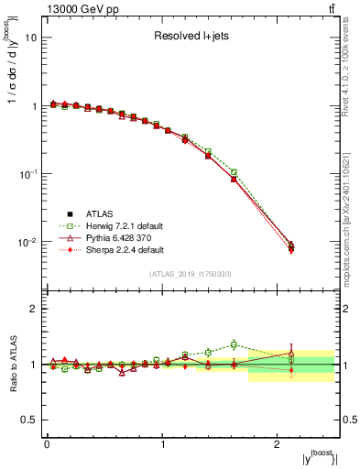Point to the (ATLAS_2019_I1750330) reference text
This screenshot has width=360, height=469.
[190, 274]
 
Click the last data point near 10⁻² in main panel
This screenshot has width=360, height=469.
[291, 246]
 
